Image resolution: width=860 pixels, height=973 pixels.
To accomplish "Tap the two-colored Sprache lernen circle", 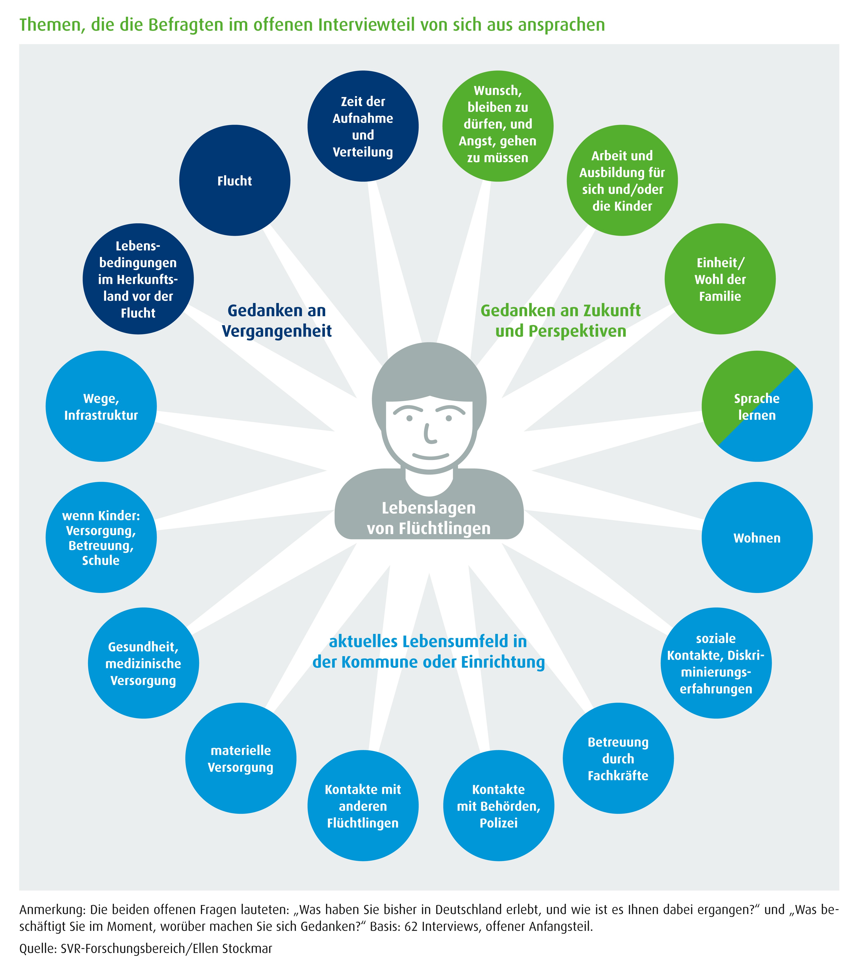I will [757, 406].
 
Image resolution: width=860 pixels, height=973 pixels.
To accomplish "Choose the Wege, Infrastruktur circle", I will [101, 406].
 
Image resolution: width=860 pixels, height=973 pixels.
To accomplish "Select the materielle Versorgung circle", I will [241, 758].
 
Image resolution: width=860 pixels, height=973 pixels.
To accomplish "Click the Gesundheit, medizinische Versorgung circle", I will [143, 663].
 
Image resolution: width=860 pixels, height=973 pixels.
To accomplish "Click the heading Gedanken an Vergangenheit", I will [277, 320].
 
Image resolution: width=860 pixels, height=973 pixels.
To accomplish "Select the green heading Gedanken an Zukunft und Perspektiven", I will [561, 320].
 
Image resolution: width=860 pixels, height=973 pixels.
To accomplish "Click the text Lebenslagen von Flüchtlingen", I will [429, 518].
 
